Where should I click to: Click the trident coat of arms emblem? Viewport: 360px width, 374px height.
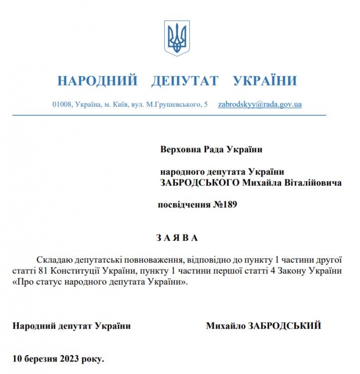(x=177, y=38)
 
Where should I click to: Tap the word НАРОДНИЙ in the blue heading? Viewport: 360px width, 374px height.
(x=97, y=81)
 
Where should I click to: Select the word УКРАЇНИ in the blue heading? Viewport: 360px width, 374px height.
(x=265, y=81)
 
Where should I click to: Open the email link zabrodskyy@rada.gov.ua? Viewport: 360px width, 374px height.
(x=259, y=104)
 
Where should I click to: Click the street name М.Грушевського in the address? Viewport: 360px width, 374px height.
(x=174, y=105)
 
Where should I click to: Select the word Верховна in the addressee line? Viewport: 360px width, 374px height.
(x=178, y=149)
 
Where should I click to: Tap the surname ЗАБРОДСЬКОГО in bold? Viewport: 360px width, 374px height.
(x=200, y=183)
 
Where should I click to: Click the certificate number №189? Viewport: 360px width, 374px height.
(x=225, y=205)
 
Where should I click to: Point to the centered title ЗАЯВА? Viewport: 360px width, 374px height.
(x=177, y=238)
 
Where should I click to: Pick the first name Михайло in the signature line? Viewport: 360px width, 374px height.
(x=226, y=326)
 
